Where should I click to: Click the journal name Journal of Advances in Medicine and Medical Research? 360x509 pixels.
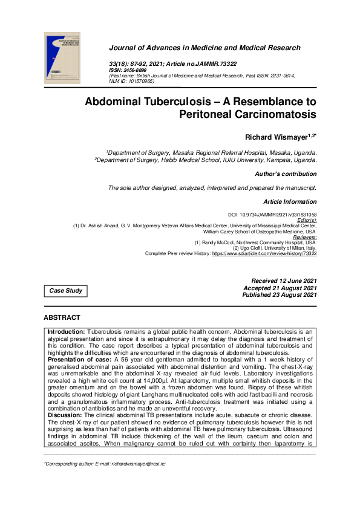tap(205, 48)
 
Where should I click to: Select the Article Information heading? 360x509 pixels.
tap(290, 201)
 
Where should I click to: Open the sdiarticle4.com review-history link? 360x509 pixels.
tap(264, 254)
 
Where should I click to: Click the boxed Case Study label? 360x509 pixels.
tap(66, 291)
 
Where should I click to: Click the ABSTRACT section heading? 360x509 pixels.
tap(62, 317)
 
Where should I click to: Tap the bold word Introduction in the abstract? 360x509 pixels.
tap(67, 332)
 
